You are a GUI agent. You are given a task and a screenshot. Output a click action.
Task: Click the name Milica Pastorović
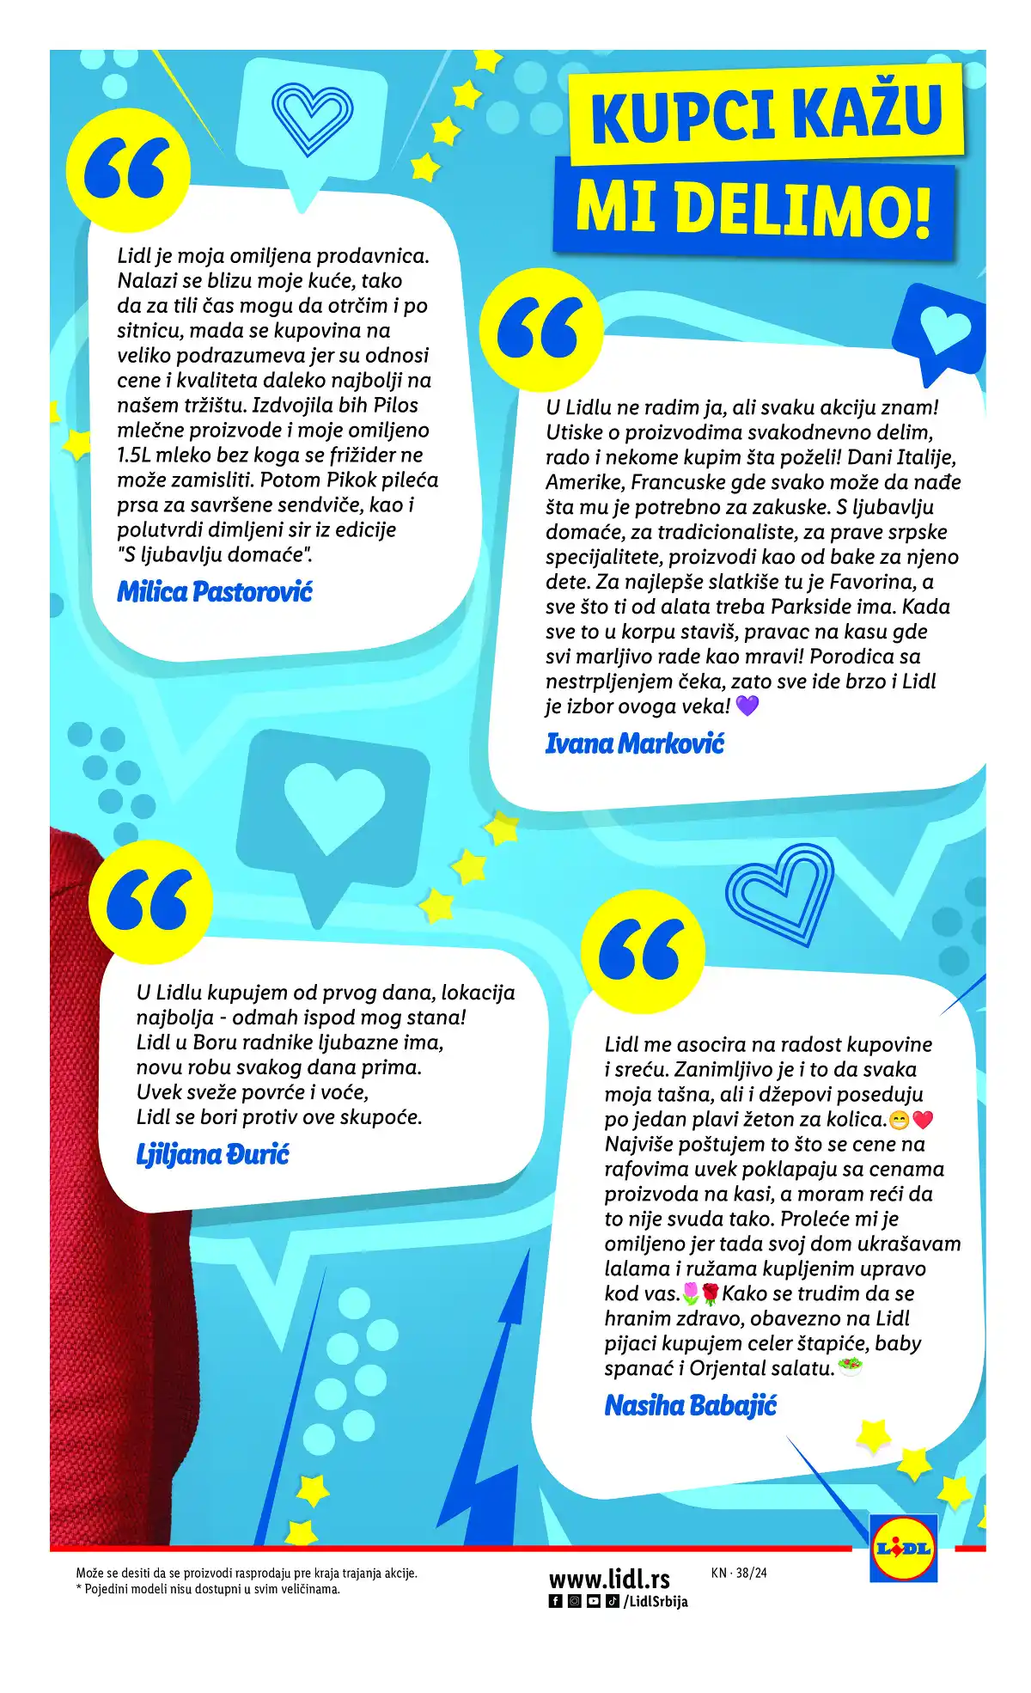click(x=215, y=592)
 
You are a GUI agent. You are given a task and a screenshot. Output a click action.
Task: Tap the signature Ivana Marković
click(x=635, y=743)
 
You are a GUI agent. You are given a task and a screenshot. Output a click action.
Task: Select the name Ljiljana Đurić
click(x=212, y=1154)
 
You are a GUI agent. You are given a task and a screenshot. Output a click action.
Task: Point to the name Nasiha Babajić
click(x=691, y=1406)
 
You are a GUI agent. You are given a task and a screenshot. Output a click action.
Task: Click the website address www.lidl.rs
click(x=609, y=1579)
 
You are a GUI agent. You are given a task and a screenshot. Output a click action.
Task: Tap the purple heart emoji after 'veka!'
click(x=747, y=706)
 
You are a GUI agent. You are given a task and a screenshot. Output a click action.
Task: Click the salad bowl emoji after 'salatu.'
click(x=850, y=1366)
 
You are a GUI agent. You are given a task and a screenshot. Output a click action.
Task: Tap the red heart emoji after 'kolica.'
click(x=923, y=1120)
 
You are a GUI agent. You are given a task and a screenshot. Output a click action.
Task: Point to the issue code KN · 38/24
click(x=739, y=1574)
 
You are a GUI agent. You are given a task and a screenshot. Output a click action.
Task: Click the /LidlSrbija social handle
click(x=656, y=1601)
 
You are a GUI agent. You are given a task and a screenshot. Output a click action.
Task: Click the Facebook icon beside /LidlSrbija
click(x=556, y=1601)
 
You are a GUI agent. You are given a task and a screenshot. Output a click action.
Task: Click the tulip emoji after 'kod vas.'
click(x=690, y=1293)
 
